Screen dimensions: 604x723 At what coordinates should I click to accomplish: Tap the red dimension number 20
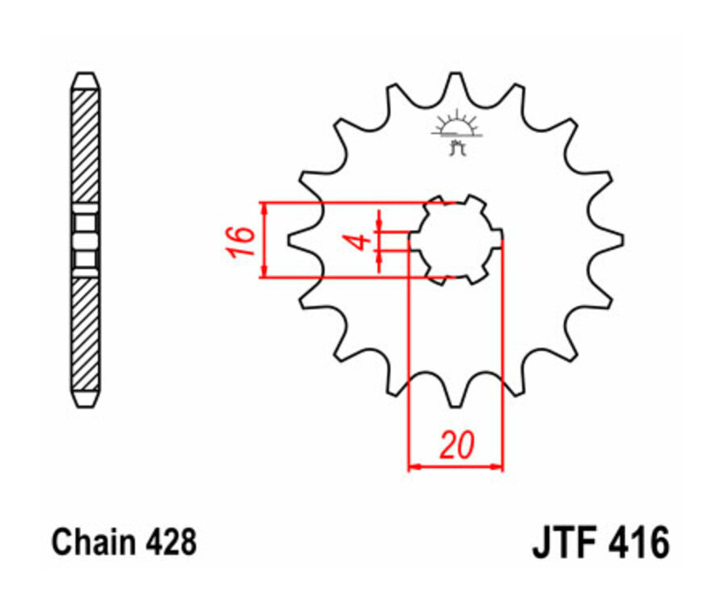pos(455,446)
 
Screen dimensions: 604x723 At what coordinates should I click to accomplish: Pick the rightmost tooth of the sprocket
pos(615,239)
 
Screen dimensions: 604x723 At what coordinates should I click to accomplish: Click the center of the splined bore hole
pos(455,239)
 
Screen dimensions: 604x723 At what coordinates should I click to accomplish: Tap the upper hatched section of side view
pos(85,149)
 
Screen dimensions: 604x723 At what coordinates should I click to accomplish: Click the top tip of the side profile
pos(85,76)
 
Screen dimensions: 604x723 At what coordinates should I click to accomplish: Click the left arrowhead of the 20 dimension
pos(413,465)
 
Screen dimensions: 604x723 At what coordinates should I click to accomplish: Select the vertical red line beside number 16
pos(263,240)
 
